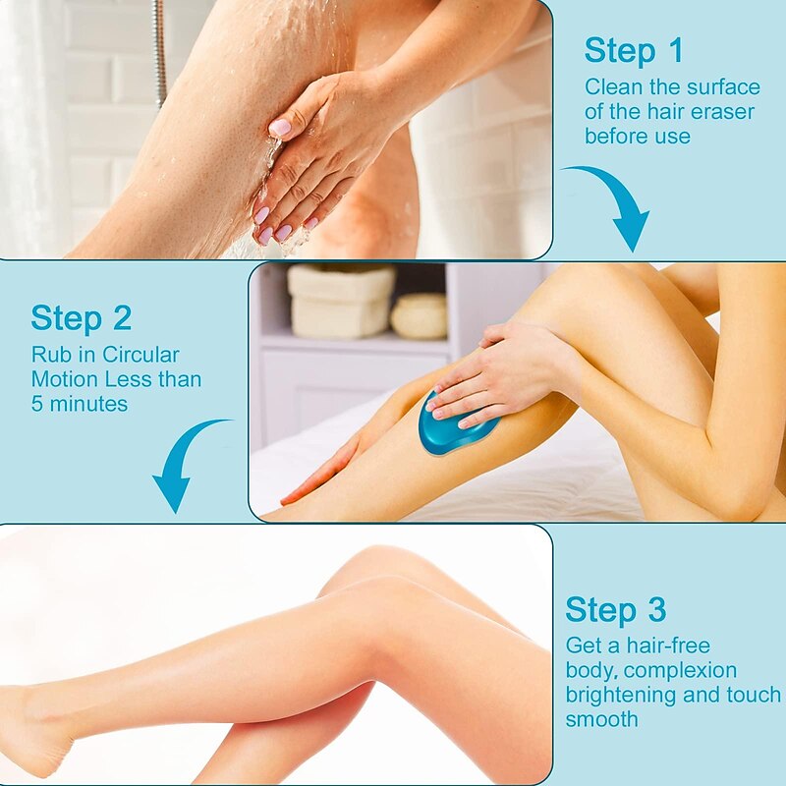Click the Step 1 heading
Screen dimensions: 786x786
634,50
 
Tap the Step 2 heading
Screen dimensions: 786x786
81,318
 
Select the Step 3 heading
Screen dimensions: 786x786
615,610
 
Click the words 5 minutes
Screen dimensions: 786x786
79,403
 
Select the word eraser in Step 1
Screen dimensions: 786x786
725,111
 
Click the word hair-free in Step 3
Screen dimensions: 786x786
663,646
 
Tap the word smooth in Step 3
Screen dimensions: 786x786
601,719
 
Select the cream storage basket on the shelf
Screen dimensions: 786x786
340,301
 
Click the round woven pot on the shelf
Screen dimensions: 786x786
419,316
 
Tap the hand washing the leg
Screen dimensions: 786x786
314,157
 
